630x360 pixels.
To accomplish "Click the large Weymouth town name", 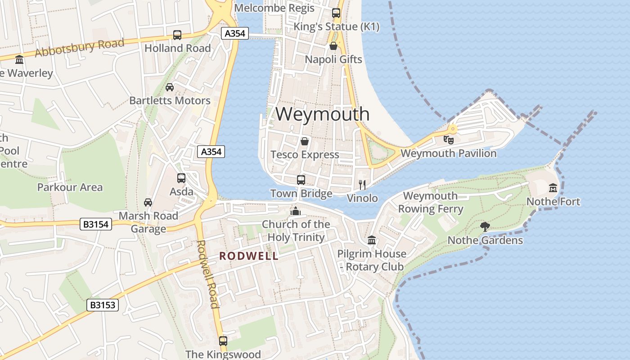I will [323, 114].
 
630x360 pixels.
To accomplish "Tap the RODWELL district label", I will [248, 256].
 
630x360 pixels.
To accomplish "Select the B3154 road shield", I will [96, 224].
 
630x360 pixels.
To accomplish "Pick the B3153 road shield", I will [103, 305].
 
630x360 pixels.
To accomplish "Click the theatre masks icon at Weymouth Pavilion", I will [449, 139].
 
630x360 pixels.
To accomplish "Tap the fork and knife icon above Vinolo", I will [362, 184].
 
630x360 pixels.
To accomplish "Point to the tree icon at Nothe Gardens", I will [485, 226].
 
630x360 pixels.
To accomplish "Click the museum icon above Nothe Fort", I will [553, 188].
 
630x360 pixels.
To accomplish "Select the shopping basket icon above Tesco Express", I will [305, 141].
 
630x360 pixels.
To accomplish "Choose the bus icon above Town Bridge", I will [301, 180].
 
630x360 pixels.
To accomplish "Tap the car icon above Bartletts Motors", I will [170, 87].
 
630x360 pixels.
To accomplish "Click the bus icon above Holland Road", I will [177, 35].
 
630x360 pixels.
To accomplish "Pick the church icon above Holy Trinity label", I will [296, 211].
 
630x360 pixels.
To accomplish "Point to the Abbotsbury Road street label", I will [79, 48].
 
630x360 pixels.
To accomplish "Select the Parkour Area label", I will [70, 187].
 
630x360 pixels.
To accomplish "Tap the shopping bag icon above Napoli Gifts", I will [333, 46].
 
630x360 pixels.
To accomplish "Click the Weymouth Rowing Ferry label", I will [430, 202].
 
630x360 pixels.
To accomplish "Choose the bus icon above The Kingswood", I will [223, 341].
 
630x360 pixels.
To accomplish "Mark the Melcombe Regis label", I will [274, 8].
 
